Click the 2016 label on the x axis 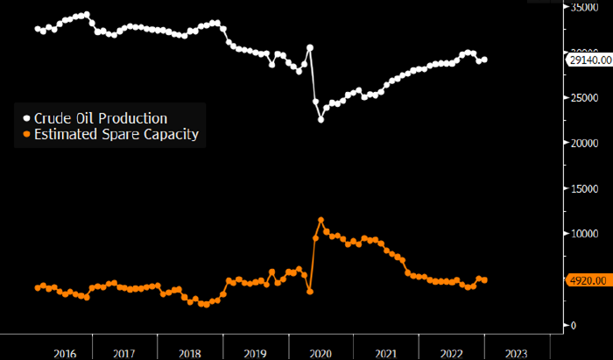[x=65, y=352]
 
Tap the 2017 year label [x=124, y=352]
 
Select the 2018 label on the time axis [x=189, y=352]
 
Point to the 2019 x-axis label [x=255, y=352]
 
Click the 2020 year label [x=321, y=352]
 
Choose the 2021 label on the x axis [x=386, y=352]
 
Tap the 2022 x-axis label [x=451, y=352]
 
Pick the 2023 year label [x=517, y=352]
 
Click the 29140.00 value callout [x=588, y=60]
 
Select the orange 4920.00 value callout [x=588, y=280]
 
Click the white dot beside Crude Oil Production [x=26, y=118]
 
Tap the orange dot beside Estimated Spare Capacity [x=26, y=134]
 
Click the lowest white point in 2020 [x=321, y=119]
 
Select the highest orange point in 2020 [x=321, y=221]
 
